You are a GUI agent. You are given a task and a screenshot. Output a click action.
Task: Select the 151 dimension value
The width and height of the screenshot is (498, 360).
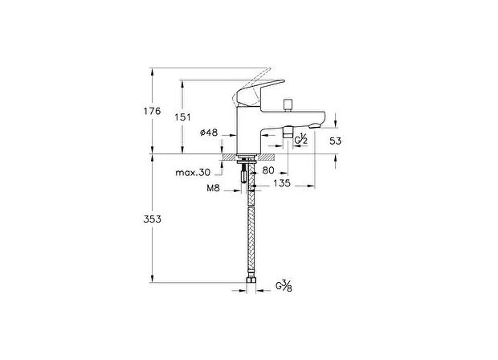click(x=183, y=117)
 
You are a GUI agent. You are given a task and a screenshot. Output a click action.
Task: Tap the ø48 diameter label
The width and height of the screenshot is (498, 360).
click(x=209, y=132)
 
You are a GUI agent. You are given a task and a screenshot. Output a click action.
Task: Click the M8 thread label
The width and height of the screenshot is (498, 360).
click(x=213, y=187)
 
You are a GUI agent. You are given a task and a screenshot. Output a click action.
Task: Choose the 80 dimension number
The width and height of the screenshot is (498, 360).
click(x=267, y=170)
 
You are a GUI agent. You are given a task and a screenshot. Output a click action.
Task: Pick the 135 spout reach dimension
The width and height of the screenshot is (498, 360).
click(x=281, y=183)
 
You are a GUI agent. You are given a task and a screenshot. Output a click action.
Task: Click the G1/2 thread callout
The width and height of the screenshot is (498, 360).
click(x=301, y=141)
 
